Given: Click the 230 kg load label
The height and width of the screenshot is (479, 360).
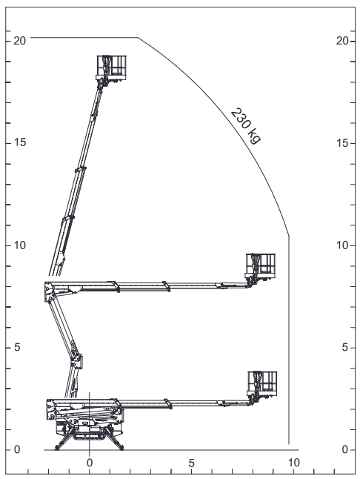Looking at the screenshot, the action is (x=246, y=125).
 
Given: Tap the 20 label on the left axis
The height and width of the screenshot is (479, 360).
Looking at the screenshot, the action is (x=19, y=40).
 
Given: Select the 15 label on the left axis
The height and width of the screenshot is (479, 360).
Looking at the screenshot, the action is (x=20, y=142).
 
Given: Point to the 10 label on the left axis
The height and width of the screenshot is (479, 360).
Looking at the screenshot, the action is (x=20, y=245).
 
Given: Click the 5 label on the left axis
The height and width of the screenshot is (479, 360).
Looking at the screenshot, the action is (x=17, y=347).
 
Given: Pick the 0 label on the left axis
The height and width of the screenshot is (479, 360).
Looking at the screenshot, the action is (x=17, y=449).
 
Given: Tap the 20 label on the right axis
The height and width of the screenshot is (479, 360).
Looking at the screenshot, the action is (x=342, y=40).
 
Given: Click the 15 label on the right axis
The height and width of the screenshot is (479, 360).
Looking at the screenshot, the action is (x=343, y=142).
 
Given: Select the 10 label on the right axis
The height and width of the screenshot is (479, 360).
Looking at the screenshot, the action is (x=343, y=245).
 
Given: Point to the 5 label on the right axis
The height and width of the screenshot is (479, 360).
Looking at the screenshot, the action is (x=345, y=347).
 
